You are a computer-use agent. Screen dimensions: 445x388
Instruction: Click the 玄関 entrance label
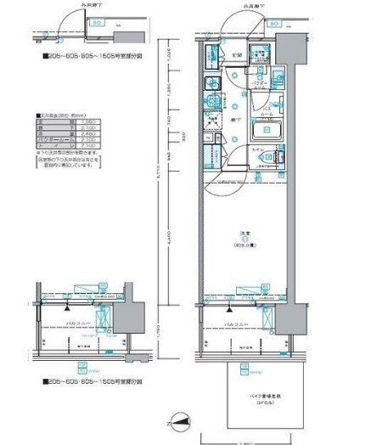point(239,56)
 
